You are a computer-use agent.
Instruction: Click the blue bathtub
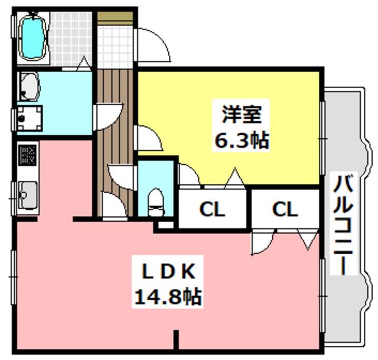click(x=32, y=35)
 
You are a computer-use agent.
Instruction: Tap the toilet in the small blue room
click(x=155, y=202)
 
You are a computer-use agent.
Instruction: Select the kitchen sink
click(x=28, y=194)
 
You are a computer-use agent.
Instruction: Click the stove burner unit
click(x=28, y=155)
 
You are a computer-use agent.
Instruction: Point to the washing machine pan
click(x=30, y=118)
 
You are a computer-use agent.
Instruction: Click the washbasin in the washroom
click(x=29, y=86)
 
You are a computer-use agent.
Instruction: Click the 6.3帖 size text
click(x=242, y=141)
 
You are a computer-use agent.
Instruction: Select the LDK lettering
click(x=168, y=272)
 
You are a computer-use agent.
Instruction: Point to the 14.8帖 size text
click(x=168, y=297)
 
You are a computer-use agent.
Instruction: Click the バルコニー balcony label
click(x=343, y=224)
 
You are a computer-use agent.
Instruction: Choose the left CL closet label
click(x=212, y=209)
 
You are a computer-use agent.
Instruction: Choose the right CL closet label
click(x=285, y=209)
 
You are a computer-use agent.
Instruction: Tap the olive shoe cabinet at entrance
click(x=115, y=18)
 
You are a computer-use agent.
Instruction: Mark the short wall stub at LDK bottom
click(x=177, y=340)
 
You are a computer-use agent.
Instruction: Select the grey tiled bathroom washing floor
click(x=70, y=38)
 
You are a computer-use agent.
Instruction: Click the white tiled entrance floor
click(x=115, y=47)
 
